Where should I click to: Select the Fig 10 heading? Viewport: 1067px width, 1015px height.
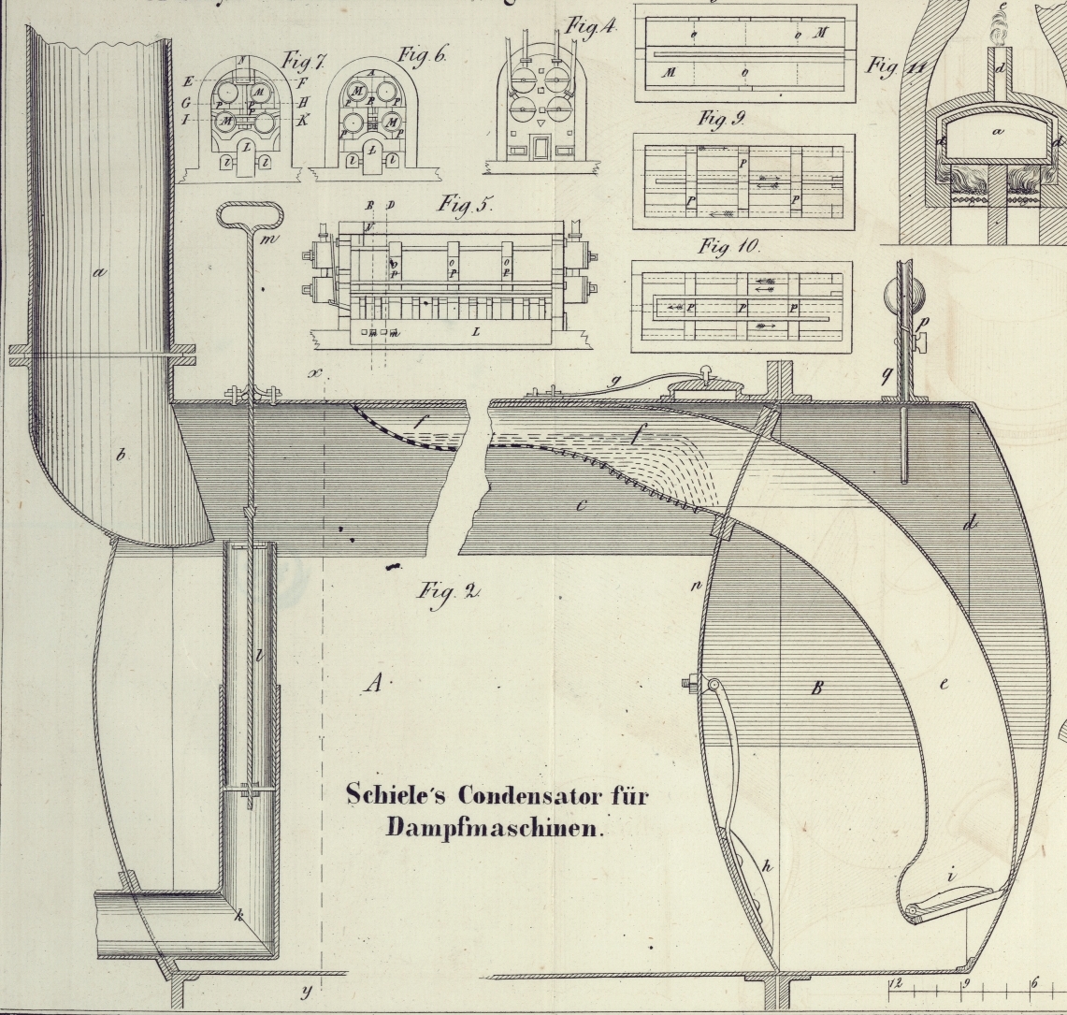(x=729, y=247)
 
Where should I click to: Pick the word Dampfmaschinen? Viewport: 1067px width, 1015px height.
(x=497, y=828)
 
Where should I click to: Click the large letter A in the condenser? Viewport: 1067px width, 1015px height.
(x=373, y=685)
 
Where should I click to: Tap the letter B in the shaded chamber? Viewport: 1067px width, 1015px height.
(x=816, y=688)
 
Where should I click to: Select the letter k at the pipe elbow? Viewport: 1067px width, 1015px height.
(x=238, y=917)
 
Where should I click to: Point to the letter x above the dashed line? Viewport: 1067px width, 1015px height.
(x=315, y=373)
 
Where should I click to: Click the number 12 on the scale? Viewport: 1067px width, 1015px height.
(x=895, y=982)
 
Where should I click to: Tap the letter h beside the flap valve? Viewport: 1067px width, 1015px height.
(x=767, y=867)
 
